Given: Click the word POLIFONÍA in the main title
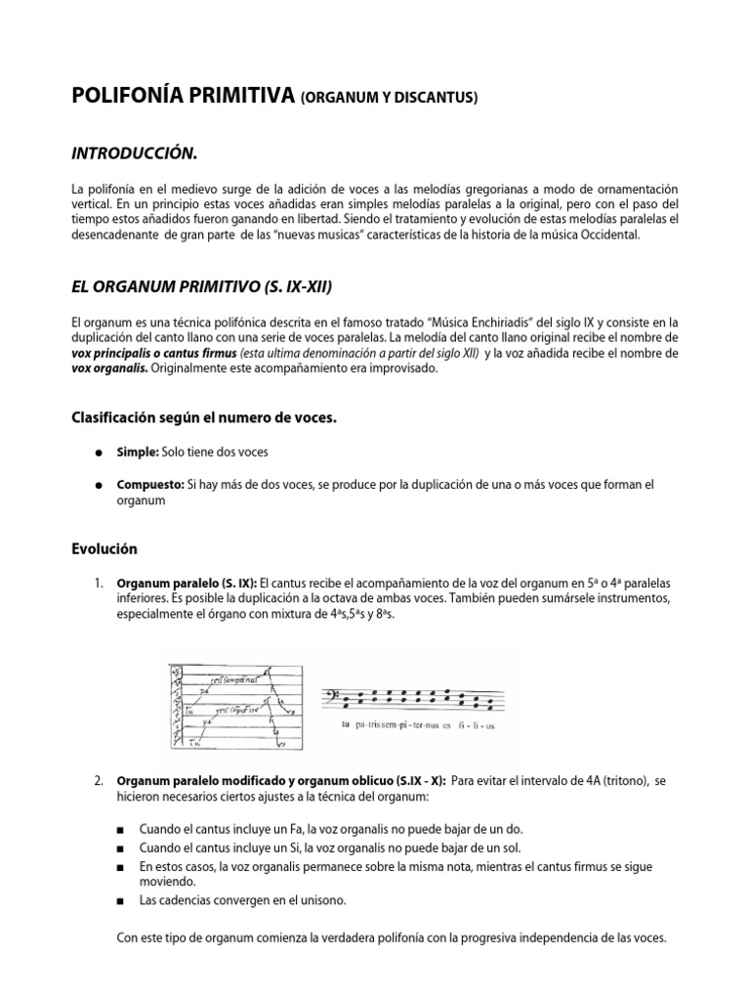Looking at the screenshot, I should (x=131, y=95).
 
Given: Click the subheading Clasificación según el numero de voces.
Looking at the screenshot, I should (x=204, y=417).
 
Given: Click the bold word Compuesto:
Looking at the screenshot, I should (x=149, y=484).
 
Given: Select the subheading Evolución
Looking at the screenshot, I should (x=104, y=548).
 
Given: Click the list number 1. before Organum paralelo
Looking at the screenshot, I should (x=100, y=583).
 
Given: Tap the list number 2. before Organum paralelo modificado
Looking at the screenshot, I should (x=100, y=781).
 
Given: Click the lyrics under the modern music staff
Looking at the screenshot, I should (x=420, y=726).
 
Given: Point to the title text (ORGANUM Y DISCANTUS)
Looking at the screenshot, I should (x=390, y=97).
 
